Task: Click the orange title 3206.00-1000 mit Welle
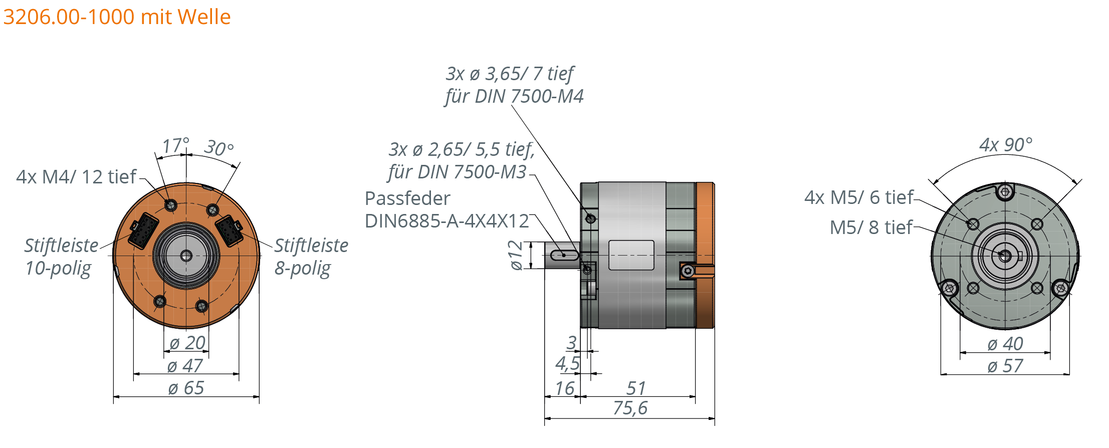tap(116, 17)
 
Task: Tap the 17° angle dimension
tap(175, 146)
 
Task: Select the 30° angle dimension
tap(219, 148)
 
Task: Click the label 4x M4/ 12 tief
tap(76, 177)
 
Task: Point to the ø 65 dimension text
tap(186, 388)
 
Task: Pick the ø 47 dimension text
tap(185, 366)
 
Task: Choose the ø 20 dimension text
tap(187, 343)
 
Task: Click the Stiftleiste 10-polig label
tap(61, 256)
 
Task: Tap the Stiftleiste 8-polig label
tap(311, 256)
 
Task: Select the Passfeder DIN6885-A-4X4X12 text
tap(447, 209)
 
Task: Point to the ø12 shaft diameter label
tap(515, 255)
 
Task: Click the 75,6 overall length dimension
tap(630, 408)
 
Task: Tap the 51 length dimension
tap(636, 388)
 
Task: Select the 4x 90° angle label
tap(1005, 145)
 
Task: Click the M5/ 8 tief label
tap(871, 228)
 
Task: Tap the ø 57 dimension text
tap(1005, 366)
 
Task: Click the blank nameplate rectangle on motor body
tap(631, 255)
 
